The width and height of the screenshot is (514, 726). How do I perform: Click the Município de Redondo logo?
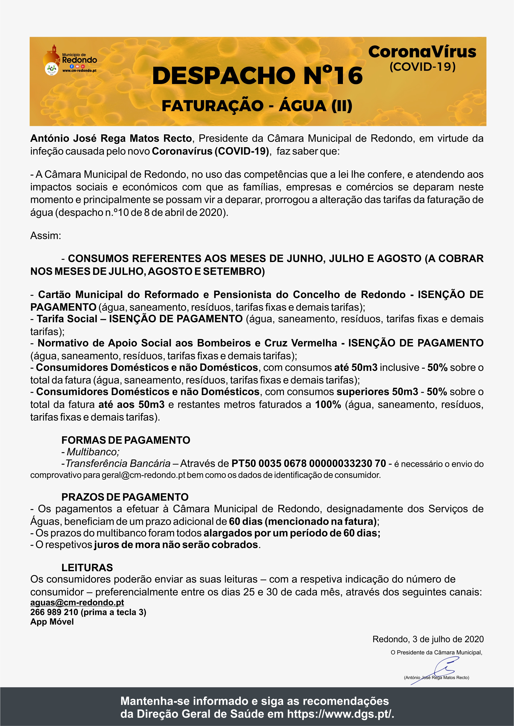(x=70, y=60)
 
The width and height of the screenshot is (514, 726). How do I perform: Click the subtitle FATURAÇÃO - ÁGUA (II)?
(x=257, y=106)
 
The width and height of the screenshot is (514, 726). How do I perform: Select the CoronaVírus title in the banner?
(x=422, y=52)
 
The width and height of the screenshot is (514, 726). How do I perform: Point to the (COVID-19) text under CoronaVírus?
(x=422, y=67)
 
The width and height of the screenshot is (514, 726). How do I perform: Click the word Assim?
(x=46, y=236)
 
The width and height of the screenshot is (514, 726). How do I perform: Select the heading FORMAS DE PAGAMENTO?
(x=126, y=440)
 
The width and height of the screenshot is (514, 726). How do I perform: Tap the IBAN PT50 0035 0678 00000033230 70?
(x=309, y=464)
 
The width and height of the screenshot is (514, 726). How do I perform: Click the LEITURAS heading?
(x=87, y=568)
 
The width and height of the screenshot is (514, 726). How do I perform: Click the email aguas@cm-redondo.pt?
(x=77, y=602)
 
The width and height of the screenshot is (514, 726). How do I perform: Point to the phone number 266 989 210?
(x=54, y=612)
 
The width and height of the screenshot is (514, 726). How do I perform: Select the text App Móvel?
(x=52, y=622)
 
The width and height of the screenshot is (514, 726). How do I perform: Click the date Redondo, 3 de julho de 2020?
(x=428, y=639)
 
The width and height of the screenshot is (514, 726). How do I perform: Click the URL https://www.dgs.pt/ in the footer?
(x=340, y=714)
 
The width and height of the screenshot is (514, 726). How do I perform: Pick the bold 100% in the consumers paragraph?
(x=328, y=404)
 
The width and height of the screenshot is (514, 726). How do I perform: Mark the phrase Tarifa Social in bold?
(x=67, y=319)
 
